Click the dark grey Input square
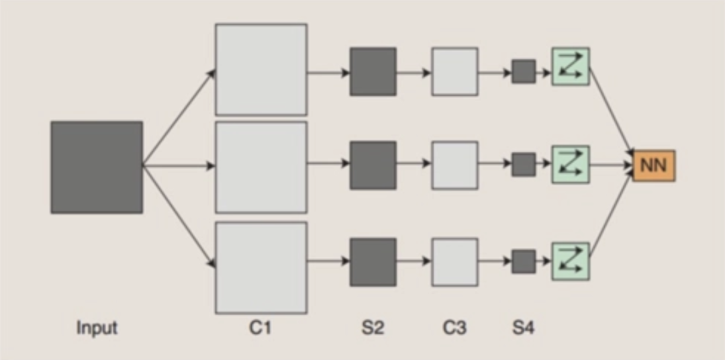click(97, 167)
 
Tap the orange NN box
click(654, 166)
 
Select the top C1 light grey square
click(261, 69)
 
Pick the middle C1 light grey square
click(261, 167)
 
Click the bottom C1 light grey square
click(261, 268)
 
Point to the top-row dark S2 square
click(373, 72)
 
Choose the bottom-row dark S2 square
click(373, 262)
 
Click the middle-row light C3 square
click(455, 165)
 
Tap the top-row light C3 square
click(455, 72)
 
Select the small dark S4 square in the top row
click(524, 72)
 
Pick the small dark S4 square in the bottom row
click(524, 261)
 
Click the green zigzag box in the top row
click(571, 66)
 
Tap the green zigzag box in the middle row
click(571, 165)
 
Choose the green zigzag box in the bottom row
click(571, 261)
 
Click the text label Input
click(97, 328)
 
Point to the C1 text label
click(260, 328)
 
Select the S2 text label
click(373, 328)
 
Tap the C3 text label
click(455, 328)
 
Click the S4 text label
click(524, 328)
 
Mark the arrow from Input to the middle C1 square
click(179, 166)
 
